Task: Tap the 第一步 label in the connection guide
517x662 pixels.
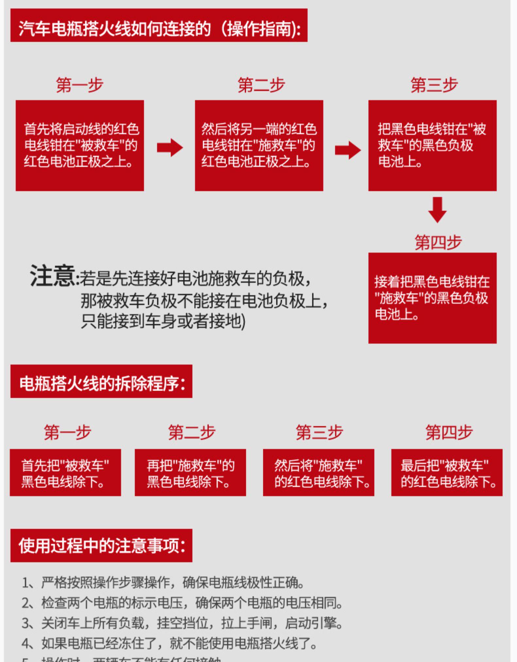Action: pos(79,85)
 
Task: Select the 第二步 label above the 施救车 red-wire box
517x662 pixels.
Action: pos(261,85)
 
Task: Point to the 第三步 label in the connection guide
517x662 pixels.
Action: pos(434,85)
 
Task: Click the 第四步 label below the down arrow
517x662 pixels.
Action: pos(438,242)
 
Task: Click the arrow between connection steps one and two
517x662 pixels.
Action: pos(170,148)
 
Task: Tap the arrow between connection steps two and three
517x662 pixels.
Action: pos(348,150)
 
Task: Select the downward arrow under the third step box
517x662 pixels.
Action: pos(437,210)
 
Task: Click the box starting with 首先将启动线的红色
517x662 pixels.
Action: pos(80,146)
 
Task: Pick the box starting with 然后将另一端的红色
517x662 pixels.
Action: pos(259,146)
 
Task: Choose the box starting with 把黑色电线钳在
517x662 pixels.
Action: pos(432,146)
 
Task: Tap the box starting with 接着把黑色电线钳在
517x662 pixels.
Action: pos(432,298)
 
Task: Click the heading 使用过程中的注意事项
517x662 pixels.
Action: pos(101,546)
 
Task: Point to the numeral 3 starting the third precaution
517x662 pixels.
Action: pos(26,623)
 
